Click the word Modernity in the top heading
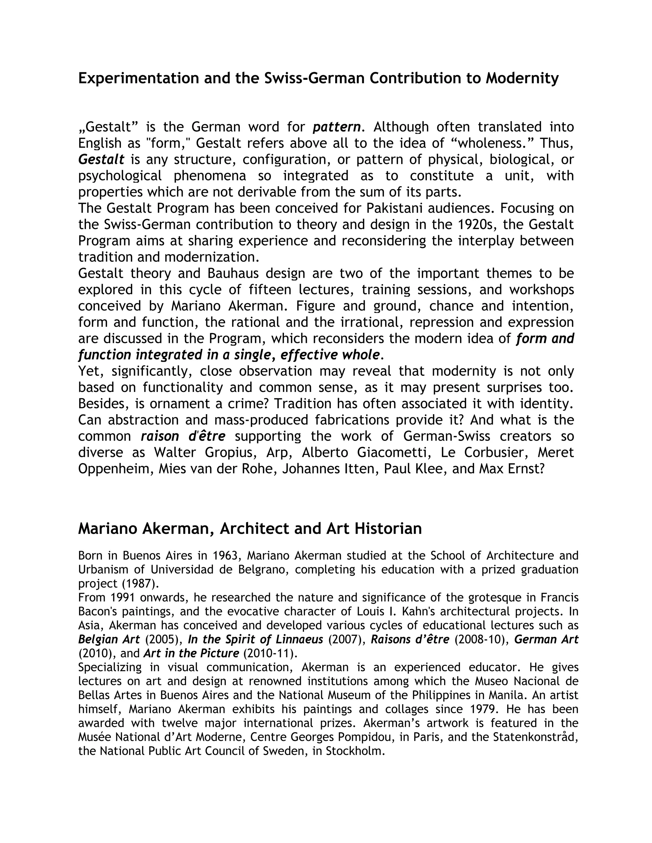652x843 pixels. [522, 78]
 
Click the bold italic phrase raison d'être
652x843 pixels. [183, 436]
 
